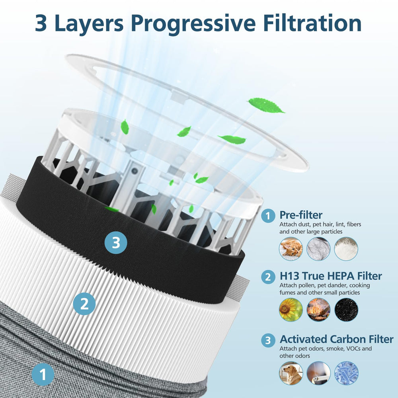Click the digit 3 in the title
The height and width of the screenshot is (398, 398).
[x=41, y=23]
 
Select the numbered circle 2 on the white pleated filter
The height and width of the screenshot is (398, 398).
[x=84, y=304]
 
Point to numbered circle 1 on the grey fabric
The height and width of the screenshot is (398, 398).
[x=43, y=375]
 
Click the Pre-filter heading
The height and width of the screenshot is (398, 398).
[x=301, y=215]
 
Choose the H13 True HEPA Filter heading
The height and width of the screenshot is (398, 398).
[x=330, y=276]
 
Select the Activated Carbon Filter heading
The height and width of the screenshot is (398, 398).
[x=336, y=339]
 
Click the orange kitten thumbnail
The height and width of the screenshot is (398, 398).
[x=291, y=249]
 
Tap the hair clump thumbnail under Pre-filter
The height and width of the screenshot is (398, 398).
[x=318, y=249]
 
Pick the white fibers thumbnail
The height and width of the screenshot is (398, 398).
[x=346, y=249]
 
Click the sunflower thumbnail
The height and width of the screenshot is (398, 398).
[x=291, y=310]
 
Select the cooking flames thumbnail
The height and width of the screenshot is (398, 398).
[x=318, y=310]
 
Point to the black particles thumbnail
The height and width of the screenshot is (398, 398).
[x=346, y=310]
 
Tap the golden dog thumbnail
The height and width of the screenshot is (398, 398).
[x=291, y=373]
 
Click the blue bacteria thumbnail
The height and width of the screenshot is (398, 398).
[x=346, y=373]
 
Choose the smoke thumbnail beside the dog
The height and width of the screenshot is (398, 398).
[x=318, y=373]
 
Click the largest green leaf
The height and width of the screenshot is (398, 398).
[x=265, y=105]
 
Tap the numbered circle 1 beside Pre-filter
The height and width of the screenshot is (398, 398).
[x=268, y=216]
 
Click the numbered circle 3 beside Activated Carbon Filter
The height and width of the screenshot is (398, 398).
[x=268, y=340]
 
